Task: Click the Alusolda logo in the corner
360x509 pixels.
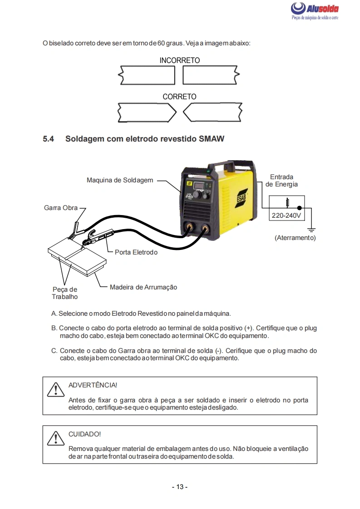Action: [315, 11]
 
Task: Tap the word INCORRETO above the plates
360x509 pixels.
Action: [180, 60]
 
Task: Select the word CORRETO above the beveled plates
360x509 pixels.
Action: [179, 97]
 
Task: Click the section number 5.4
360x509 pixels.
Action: [49, 139]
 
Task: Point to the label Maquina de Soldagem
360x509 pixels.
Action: [120, 180]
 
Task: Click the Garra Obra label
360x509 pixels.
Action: [61, 208]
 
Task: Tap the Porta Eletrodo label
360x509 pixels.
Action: [136, 252]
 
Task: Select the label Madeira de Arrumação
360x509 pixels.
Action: [143, 287]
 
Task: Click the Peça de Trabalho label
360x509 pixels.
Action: [65, 293]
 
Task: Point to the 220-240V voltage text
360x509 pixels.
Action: [286, 215]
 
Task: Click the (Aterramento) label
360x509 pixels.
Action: [295, 238]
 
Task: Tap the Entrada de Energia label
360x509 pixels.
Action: [281, 181]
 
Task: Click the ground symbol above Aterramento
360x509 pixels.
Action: [311, 230]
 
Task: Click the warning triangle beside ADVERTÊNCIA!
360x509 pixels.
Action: [55, 390]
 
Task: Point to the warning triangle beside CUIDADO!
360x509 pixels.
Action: [55, 439]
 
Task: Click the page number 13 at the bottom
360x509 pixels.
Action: [180, 487]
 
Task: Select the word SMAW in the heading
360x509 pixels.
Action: [212, 139]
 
